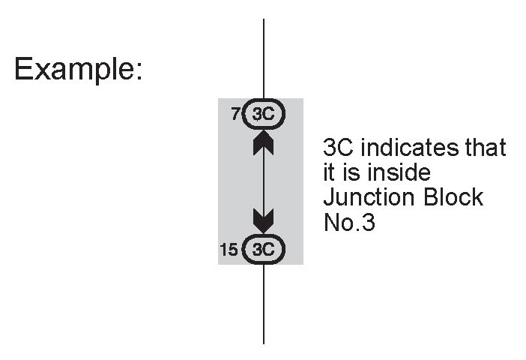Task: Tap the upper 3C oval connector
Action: click(x=263, y=115)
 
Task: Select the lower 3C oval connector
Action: click(x=263, y=249)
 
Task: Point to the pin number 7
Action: click(x=235, y=115)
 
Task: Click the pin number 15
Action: click(x=229, y=249)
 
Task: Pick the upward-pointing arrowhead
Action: click(x=263, y=142)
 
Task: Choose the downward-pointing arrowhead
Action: click(x=263, y=220)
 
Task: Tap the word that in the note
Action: click(x=486, y=147)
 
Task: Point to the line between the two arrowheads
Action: click(x=263, y=181)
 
